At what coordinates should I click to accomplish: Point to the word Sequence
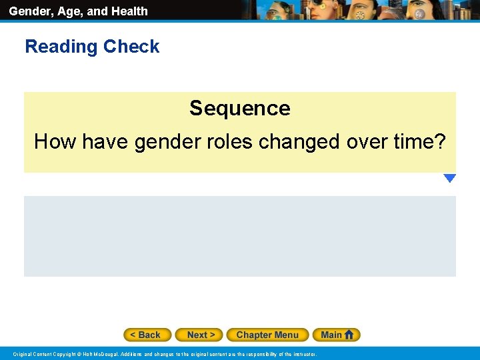pos(239,108)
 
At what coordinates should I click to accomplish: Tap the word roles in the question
pos(226,141)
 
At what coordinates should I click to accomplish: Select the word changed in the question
pos(297,141)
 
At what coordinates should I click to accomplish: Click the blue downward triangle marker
pos(449,178)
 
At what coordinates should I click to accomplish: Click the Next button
pos(201,335)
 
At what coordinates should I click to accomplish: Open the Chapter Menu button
pos(267,335)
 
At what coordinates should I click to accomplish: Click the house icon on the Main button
pos(349,335)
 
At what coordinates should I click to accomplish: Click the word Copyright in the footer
pos(63,354)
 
